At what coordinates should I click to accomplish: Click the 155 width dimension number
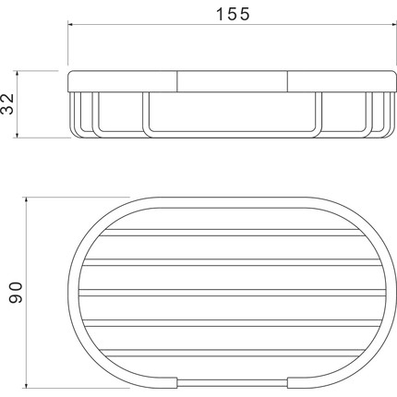tap(233, 14)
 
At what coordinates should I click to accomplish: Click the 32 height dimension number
tap(7, 103)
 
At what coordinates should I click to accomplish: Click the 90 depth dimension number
tap(16, 293)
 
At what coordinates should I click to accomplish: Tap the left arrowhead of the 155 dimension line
tap(70, 24)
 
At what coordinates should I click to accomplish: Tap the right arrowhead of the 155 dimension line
tap(394, 24)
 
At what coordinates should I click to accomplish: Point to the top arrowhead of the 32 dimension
tap(18, 73)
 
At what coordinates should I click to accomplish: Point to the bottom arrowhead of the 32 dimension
tap(18, 135)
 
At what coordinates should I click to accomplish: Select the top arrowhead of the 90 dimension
tap(27, 200)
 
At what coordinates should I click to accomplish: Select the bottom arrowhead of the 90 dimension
tap(27, 385)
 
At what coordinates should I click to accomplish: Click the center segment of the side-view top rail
tap(233, 81)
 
